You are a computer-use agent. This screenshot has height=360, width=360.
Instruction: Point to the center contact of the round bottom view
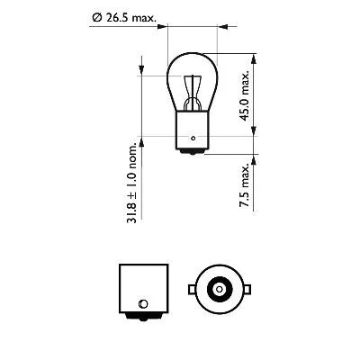217,289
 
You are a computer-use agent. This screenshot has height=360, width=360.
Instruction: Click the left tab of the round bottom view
189,289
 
